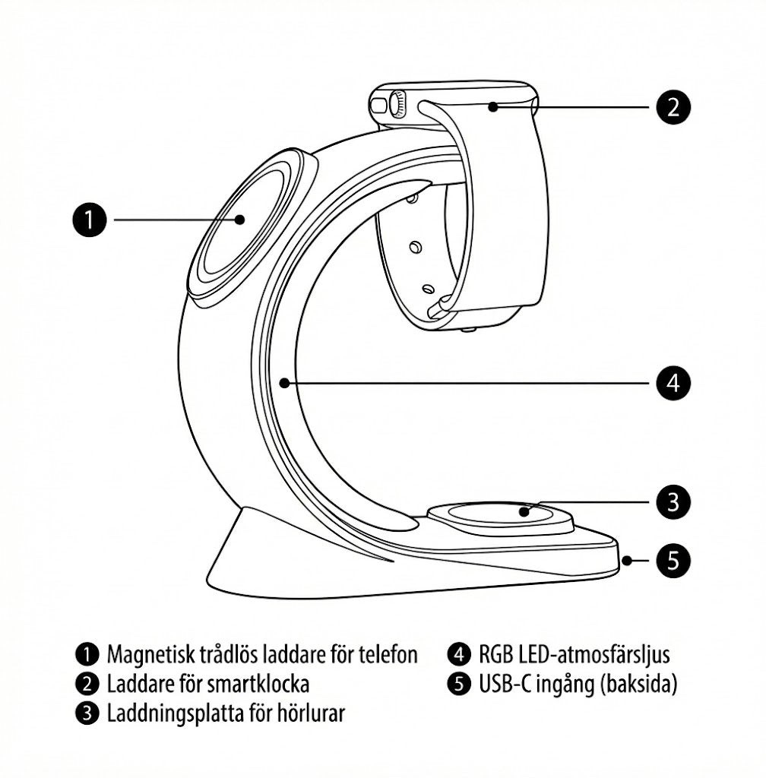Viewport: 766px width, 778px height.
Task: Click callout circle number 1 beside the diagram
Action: (x=89, y=220)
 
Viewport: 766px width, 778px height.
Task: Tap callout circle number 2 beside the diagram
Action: (x=673, y=106)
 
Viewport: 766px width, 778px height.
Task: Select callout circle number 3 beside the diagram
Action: (x=673, y=502)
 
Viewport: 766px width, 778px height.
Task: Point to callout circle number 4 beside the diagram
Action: (x=673, y=383)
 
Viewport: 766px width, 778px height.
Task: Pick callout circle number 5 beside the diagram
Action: (x=673, y=561)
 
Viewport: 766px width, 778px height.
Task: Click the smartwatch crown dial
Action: (x=397, y=105)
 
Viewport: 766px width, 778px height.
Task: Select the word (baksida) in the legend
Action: (x=638, y=685)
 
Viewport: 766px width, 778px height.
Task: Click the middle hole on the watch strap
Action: (x=415, y=246)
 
